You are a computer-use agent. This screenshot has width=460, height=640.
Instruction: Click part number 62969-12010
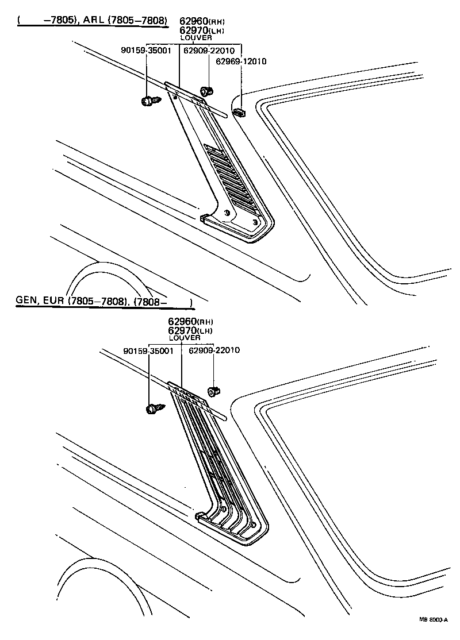[241, 61]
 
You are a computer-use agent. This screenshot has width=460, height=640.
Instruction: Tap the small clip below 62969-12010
[240, 110]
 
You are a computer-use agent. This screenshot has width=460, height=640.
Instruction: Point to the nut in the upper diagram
[206, 90]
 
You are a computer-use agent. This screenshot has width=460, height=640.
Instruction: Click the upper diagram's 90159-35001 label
[146, 51]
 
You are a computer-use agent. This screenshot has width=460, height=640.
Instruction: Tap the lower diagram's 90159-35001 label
[148, 350]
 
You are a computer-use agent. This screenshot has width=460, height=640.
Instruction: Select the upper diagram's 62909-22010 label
[209, 51]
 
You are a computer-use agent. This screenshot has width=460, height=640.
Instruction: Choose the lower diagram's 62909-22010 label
[214, 350]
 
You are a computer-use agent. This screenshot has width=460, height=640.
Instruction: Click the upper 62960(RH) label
[202, 21]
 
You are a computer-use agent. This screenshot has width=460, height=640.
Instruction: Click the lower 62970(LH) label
[190, 330]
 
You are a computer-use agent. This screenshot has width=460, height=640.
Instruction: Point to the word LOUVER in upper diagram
[197, 37]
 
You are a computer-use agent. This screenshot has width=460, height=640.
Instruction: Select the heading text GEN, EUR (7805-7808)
[71, 301]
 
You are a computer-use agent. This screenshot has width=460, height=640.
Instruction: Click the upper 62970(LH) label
[201, 30]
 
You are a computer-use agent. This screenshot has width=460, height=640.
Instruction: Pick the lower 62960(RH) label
[190, 321]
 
